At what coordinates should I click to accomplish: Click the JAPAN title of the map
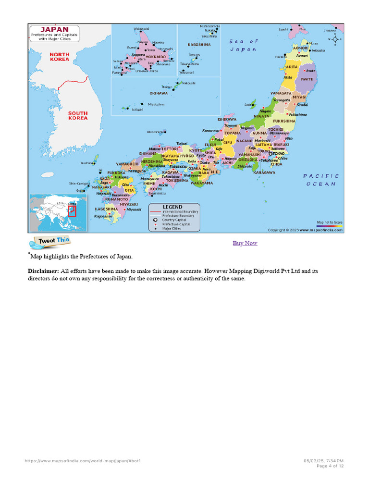(56, 29)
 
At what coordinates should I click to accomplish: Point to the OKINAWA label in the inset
(159, 93)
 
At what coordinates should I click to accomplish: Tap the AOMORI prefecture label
(300, 48)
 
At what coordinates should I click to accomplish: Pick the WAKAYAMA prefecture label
(201, 183)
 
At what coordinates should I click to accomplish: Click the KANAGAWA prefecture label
(264, 172)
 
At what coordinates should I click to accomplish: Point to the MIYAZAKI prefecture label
(129, 204)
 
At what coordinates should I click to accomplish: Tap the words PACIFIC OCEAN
(321, 180)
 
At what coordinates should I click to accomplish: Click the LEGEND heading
(172, 207)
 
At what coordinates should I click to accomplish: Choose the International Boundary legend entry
(180, 211)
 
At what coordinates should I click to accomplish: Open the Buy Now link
(245, 243)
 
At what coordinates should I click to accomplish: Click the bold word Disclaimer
(43, 271)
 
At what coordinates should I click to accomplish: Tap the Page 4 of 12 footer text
(330, 466)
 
